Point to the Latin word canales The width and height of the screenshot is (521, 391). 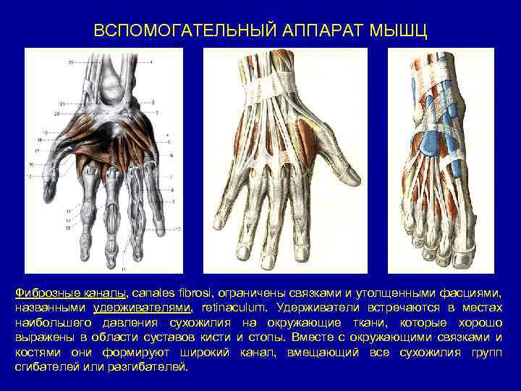click(x=156, y=293)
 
